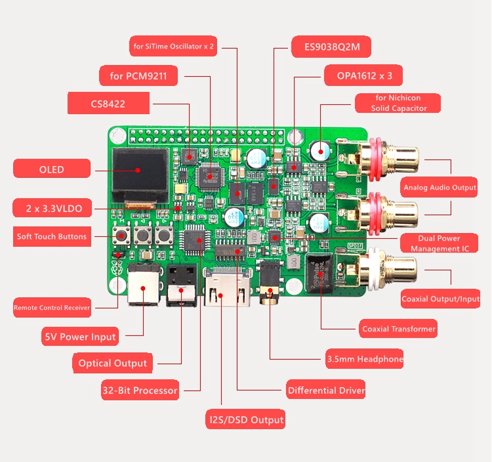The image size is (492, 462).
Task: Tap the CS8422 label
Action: click(x=109, y=103)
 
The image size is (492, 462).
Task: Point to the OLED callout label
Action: click(x=51, y=169)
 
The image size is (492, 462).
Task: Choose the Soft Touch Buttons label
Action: click(x=52, y=236)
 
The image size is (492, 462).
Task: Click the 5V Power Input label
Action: click(x=80, y=337)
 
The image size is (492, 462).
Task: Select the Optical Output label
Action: click(x=113, y=363)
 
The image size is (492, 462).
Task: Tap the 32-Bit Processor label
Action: click(x=140, y=390)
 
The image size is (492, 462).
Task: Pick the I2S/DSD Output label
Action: click(x=247, y=419)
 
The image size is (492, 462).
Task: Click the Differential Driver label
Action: click(x=326, y=390)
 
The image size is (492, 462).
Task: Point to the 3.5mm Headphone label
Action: click(x=365, y=359)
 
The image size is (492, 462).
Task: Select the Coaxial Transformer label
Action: click(x=399, y=329)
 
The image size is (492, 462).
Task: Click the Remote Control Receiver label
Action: click(x=52, y=306)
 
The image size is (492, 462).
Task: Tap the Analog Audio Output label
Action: click(x=440, y=188)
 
